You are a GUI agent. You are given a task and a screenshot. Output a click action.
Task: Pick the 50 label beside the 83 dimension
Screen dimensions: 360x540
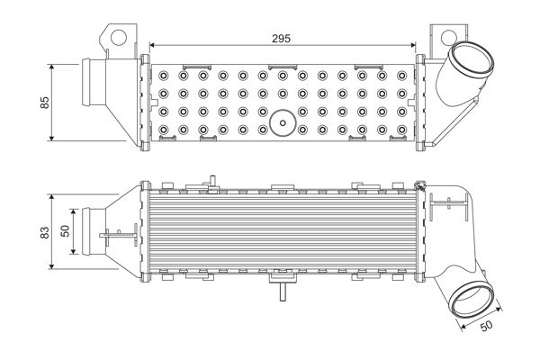(x=65, y=232)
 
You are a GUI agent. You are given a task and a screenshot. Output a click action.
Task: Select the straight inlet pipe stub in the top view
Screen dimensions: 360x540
(x=93, y=85)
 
